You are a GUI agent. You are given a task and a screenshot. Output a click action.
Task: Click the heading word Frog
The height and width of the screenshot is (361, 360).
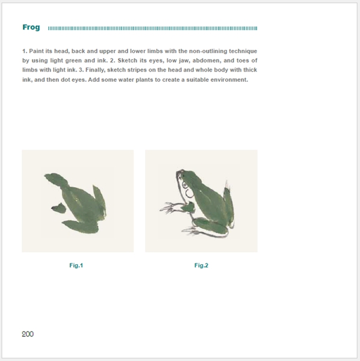pyautogui.click(x=31, y=28)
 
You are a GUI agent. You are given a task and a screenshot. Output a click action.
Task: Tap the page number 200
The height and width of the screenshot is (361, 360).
pyautogui.click(x=28, y=334)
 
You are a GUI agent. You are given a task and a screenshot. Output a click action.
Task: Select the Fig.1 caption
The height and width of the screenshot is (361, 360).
pyautogui.click(x=76, y=265)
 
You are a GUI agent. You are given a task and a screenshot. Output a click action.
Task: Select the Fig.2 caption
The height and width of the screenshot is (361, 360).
pyautogui.click(x=201, y=265)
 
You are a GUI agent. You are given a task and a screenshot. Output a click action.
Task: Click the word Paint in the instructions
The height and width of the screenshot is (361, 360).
pyautogui.click(x=36, y=51)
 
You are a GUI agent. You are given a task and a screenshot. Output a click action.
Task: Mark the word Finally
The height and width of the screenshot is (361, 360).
pyautogui.click(x=95, y=70)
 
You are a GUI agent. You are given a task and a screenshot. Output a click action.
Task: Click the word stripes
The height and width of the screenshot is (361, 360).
pyautogui.click(x=137, y=70)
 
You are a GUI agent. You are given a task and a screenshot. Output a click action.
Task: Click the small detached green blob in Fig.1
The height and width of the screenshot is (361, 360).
pyautogui.click(x=59, y=208)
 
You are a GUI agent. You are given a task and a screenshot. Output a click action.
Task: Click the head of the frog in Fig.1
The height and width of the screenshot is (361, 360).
pyautogui.click(x=56, y=179)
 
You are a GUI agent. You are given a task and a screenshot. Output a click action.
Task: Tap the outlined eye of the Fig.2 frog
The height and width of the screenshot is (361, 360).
pyautogui.click(x=185, y=185)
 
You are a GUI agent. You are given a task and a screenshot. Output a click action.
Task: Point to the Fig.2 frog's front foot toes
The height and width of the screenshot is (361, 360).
pyautogui.click(x=168, y=208)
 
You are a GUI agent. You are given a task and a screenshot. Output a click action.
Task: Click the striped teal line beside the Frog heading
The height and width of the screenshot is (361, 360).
pyautogui.click(x=152, y=28)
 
